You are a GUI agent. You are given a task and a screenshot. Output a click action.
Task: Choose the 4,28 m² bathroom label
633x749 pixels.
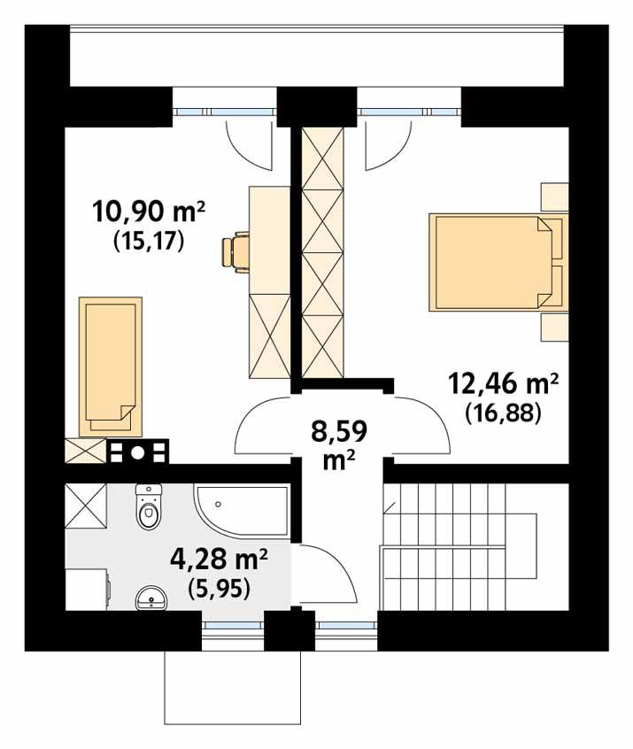pos(218,560)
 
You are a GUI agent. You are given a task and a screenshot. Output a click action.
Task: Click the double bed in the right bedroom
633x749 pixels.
pos(490,262)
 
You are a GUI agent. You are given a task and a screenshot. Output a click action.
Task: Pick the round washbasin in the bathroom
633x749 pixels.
pos(153,599)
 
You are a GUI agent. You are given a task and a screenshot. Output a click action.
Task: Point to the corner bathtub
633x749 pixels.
pos(241,511)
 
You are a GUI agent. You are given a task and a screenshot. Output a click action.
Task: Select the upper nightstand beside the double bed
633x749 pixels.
pos(555,197)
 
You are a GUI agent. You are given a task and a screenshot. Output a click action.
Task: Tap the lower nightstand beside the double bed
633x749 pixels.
pos(555,326)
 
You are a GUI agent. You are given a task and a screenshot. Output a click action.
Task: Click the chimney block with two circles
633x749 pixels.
pos(137,452)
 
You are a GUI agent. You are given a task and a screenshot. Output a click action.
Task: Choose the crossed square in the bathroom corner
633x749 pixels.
pos(87,506)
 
